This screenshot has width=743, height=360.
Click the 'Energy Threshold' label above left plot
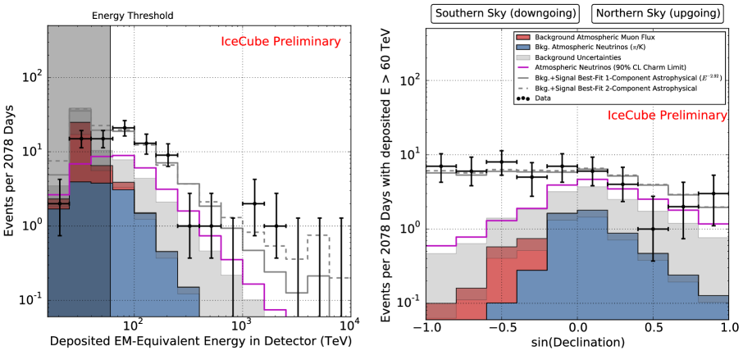tap(132, 15)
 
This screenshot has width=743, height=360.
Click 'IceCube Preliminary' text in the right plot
tap(667, 116)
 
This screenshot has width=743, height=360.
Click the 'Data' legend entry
tap(541, 98)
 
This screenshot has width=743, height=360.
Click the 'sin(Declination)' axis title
tap(577, 343)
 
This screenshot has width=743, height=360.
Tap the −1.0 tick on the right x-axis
tap(426, 327)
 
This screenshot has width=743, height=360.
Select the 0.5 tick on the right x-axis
tap(653, 327)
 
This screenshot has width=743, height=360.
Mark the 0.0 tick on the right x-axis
tap(577, 327)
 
